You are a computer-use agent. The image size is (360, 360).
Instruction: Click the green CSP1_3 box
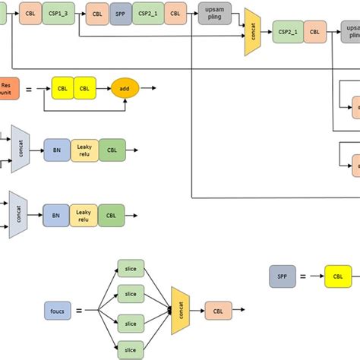click(58, 13)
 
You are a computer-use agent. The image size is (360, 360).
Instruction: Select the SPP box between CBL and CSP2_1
click(120, 13)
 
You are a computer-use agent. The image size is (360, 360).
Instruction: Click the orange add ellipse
click(125, 89)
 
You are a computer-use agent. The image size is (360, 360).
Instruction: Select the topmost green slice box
click(130, 268)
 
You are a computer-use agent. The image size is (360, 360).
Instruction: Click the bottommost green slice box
click(130, 350)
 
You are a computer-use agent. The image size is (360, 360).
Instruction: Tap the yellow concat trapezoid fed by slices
click(180, 310)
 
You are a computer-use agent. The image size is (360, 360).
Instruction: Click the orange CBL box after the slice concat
click(217, 310)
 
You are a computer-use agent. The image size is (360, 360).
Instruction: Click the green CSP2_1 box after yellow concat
click(287, 33)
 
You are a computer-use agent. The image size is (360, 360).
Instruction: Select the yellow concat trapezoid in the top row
click(251, 34)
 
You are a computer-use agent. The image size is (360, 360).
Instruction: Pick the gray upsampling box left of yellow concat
click(214, 13)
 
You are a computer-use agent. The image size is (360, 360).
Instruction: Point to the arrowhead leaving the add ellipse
click(156, 89)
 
